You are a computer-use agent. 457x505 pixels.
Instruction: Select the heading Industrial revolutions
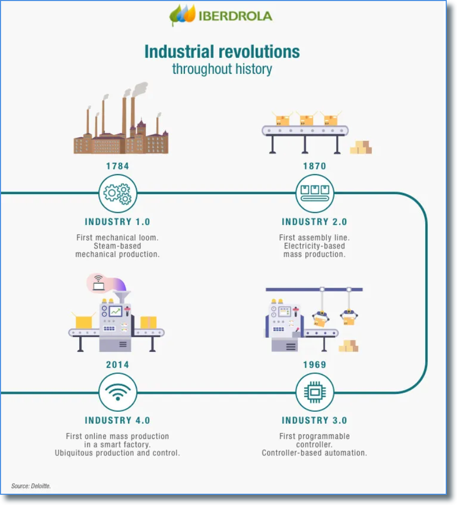tap(222, 52)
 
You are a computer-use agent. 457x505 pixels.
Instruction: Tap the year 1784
tap(117, 166)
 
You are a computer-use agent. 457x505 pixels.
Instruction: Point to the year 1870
tap(314, 166)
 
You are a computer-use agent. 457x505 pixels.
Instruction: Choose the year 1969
tap(315, 365)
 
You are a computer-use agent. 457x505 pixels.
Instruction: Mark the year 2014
tap(117, 365)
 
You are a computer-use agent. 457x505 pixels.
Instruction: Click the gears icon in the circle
tap(117, 194)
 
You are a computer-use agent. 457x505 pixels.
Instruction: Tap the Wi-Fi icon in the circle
tap(117, 393)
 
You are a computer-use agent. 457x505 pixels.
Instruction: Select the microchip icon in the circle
tap(315, 393)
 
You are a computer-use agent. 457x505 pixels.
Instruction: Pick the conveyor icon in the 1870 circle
tap(315, 194)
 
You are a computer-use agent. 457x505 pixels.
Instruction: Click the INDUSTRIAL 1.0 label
tap(117, 222)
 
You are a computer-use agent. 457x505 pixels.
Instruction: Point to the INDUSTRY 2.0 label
tap(314, 222)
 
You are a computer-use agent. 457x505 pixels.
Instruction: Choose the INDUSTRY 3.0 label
tap(314, 421)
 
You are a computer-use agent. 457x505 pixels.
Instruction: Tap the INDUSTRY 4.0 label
tap(117, 421)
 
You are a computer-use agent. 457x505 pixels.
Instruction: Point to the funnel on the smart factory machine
tap(123, 297)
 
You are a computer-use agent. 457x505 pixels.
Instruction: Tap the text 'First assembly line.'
tap(314, 238)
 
